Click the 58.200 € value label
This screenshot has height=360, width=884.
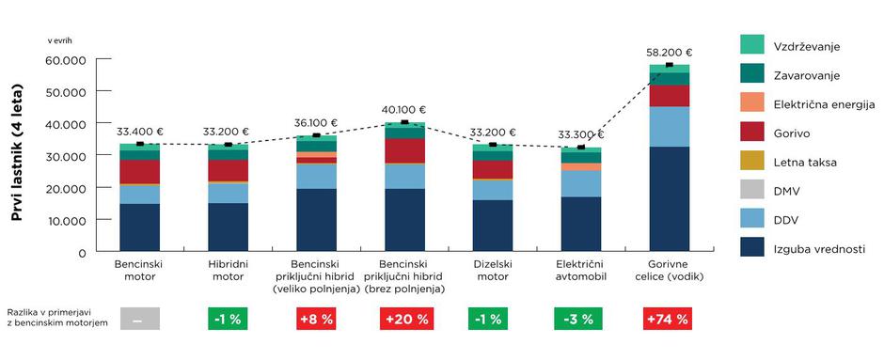[x=669, y=54]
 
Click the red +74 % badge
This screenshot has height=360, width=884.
[x=669, y=319]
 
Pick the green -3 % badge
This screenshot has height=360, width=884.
[x=580, y=319]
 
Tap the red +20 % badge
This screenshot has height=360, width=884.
[x=405, y=319]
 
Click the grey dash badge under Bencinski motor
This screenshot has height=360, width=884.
[x=139, y=319]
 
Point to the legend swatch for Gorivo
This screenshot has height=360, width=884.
[x=751, y=132]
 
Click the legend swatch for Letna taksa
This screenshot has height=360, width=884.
[x=751, y=162]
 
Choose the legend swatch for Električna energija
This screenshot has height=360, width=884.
[x=751, y=102]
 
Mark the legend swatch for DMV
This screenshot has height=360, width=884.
[x=751, y=191]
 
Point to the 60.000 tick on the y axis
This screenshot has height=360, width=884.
[x=66, y=60]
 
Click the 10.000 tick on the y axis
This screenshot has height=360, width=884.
[x=66, y=221]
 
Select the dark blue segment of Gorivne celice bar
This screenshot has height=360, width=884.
[x=669, y=199]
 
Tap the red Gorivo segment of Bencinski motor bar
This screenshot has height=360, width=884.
[x=139, y=172]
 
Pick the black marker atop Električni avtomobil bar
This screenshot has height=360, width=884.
[x=580, y=147]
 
